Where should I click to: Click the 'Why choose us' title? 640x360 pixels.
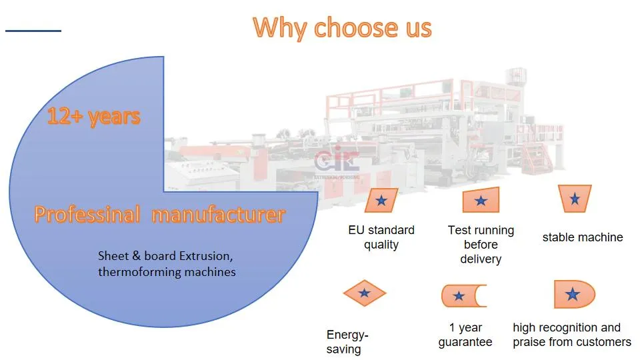[x=342, y=28]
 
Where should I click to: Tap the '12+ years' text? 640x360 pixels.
[x=93, y=116]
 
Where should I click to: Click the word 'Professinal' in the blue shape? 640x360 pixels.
[x=87, y=214]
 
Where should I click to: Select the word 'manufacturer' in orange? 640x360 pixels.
[x=219, y=215]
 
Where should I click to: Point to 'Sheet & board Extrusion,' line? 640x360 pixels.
[x=165, y=256]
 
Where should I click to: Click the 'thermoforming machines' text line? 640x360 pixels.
[x=167, y=272]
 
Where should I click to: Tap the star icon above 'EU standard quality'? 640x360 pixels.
[x=381, y=200]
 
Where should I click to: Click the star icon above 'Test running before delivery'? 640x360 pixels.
[x=481, y=200]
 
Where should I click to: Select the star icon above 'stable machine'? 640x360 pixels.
[x=575, y=199]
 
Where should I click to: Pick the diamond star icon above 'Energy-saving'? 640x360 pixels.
[x=365, y=293]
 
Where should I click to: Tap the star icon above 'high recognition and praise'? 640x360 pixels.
[x=574, y=294]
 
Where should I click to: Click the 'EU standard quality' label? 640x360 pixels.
[x=381, y=237]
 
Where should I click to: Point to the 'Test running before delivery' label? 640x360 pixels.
[x=481, y=245]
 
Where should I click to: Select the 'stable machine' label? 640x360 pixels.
[x=583, y=237]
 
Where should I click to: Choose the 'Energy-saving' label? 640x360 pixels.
[x=347, y=342]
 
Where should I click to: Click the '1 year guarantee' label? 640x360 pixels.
[x=465, y=335]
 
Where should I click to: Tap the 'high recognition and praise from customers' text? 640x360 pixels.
[x=572, y=335]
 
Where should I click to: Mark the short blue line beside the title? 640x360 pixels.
[x=33, y=31]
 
